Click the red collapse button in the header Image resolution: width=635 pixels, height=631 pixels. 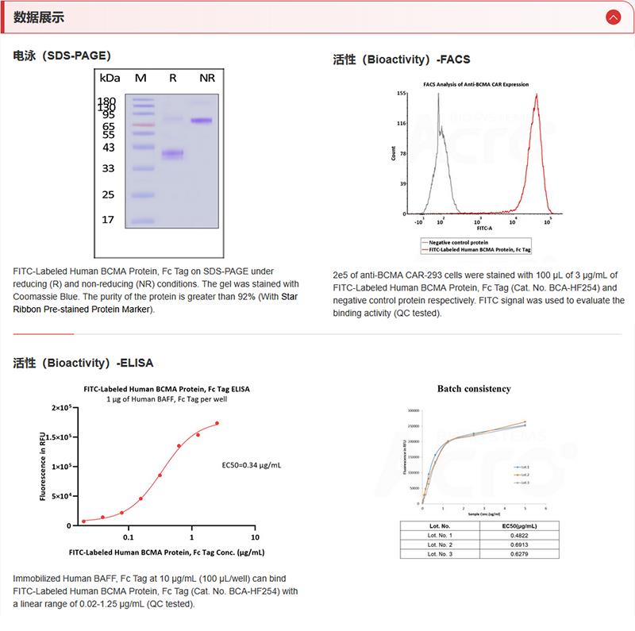click(612, 17)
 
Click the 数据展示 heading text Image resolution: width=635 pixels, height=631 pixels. click(40, 17)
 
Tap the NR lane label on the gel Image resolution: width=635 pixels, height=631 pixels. click(207, 78)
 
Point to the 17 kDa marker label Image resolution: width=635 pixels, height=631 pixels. click(108, 220)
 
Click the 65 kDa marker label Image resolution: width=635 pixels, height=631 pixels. click(108, 126)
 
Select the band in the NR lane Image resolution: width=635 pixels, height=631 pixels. click(202, 121)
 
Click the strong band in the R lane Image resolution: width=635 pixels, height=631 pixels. click(172, 154)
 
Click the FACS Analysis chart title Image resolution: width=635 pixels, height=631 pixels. click(475, 84)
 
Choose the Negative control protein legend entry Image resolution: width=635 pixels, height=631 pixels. click(459, 242)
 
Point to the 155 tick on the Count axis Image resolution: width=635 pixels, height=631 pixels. click(402, 94)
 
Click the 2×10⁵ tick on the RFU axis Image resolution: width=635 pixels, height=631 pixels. click(61, 408)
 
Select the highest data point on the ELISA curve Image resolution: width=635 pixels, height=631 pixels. click(217, 423)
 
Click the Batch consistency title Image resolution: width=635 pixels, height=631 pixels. click(474, 389)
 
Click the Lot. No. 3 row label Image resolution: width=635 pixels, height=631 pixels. click(440, 554)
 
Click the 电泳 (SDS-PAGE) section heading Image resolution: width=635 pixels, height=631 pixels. click(62, 56)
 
